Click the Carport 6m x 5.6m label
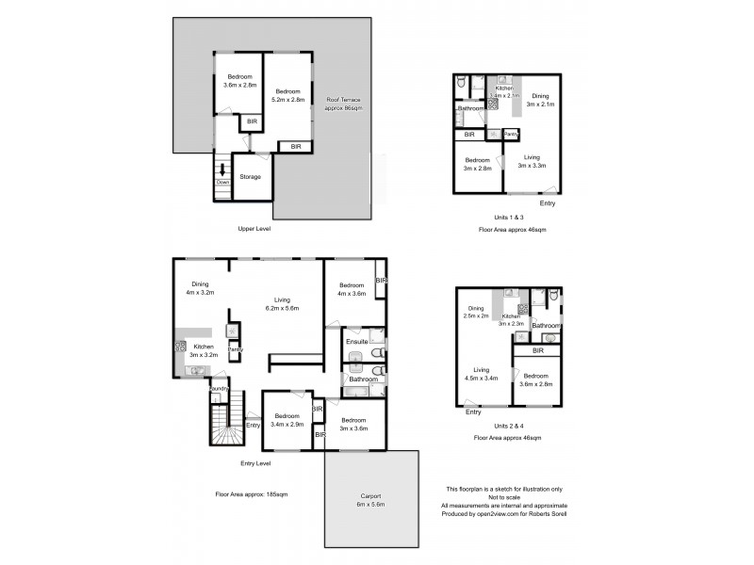tap(369, 502)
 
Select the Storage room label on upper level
tap(250, 176)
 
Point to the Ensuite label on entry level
tap(355, 341)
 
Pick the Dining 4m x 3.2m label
tap(200, 288)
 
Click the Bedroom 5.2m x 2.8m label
tap(287, 95)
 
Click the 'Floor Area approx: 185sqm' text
tap(251, 493)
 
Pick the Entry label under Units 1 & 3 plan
tap(547, 203)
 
